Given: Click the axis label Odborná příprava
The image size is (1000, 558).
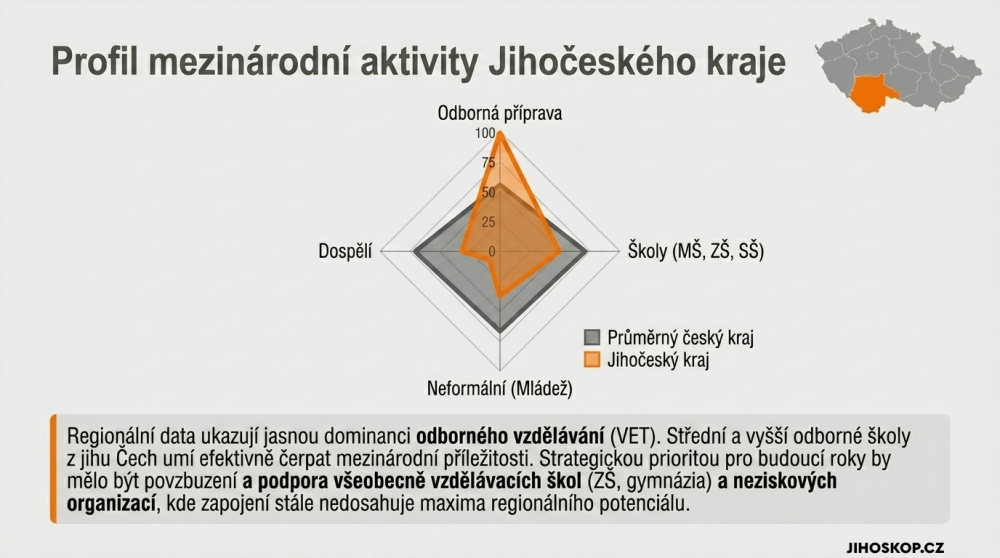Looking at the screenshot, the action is click(x=499, y=114).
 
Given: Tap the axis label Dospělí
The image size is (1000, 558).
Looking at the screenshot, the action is click(x=345, y=251).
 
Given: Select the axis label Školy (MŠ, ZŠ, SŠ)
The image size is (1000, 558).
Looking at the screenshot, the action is click(x=696, y=251).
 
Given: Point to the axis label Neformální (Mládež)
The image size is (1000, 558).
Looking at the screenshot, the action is click(x=499, y=388).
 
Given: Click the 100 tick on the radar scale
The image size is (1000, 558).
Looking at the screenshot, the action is click(x=485, y=133).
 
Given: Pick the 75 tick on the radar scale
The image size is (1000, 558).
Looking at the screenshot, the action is click(x=488, y=163).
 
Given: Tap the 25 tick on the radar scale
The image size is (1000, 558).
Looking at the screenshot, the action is click(x=488, y=222).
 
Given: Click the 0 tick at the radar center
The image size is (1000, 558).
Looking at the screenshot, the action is click(x=492, y=252).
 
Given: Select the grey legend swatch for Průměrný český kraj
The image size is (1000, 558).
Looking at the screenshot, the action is click(x=592, y=337).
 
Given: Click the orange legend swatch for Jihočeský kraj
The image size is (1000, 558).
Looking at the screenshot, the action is click(x=592, y=360).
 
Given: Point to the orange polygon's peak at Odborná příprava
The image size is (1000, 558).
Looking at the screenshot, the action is click(x=500, y=133).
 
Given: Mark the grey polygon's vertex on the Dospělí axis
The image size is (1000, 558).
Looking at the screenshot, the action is click(x=414, y=252).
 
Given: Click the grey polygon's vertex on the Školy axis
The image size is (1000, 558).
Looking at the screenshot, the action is click(x=586, y=252).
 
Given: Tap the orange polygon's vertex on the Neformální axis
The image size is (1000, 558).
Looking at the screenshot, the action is click(x=500, y=296).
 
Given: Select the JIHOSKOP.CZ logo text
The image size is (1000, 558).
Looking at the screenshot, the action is click(x=895, y=548).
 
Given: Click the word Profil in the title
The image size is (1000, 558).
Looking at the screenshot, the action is click(x=94, y=61).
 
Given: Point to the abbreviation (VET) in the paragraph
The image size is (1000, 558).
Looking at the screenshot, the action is click(x=633, y=436).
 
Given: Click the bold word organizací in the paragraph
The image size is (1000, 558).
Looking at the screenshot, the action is click(x=112, y=503).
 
